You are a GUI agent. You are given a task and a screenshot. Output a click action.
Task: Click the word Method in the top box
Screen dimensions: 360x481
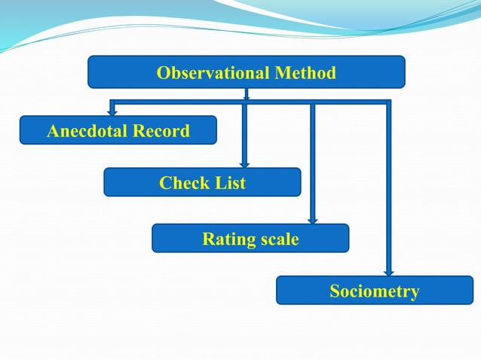pyautogui.click(x=305, y=73)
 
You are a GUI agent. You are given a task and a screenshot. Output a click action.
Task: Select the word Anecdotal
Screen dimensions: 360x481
pyautogui.click(x=87, y=132)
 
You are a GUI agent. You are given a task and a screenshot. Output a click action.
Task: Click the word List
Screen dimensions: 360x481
pyautogui.click(x=229, y=183)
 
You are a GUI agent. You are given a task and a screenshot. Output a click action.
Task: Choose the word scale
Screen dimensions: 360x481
pyautogui.click(x=277, y=239)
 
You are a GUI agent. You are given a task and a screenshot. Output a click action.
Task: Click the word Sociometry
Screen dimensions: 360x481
pyautogui.click(x=375, y=291)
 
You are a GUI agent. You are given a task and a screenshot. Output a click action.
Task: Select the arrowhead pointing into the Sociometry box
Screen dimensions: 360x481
pyautogui.click(x=389, y=272)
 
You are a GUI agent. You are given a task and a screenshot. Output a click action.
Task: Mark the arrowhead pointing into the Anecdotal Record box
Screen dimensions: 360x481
pyautogui.click(x=112, y=112)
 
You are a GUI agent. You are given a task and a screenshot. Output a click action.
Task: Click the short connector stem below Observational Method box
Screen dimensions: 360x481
pyautogui.click(x=247, y=94)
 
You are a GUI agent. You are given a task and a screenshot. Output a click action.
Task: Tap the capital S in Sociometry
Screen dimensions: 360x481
pyautogui.click(x=335, y=291)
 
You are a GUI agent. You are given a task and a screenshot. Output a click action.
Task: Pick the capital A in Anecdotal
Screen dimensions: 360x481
pyautogui.click(x=53, y=132)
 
